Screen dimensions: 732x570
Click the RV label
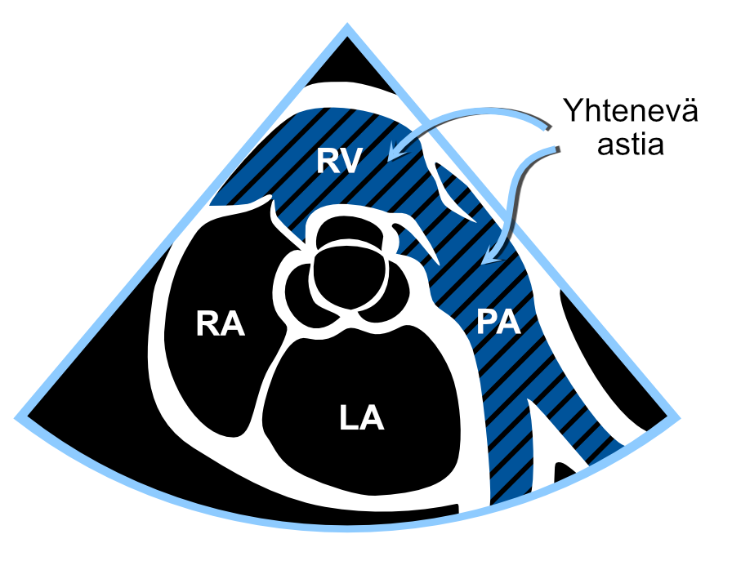coord(339,161)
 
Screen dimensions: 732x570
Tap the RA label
coord(221,323)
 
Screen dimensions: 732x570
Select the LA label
coord(361,417)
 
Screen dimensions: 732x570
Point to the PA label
coord(498,322)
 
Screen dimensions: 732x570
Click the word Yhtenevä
coord(630,110)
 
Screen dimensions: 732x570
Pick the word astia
coord(630,145)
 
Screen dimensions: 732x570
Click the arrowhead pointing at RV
coord(397,150)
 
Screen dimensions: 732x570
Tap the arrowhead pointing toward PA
coord(491,256)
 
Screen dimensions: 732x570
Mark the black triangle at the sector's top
coord(347,63)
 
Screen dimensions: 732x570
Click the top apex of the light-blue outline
coord(347,24)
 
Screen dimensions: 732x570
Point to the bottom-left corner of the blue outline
coord(17,417)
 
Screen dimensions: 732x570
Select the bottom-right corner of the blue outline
coord(677,417)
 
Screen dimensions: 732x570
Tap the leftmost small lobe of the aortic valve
coord(296,286)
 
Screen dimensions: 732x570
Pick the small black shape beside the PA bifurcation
coord(564,472)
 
